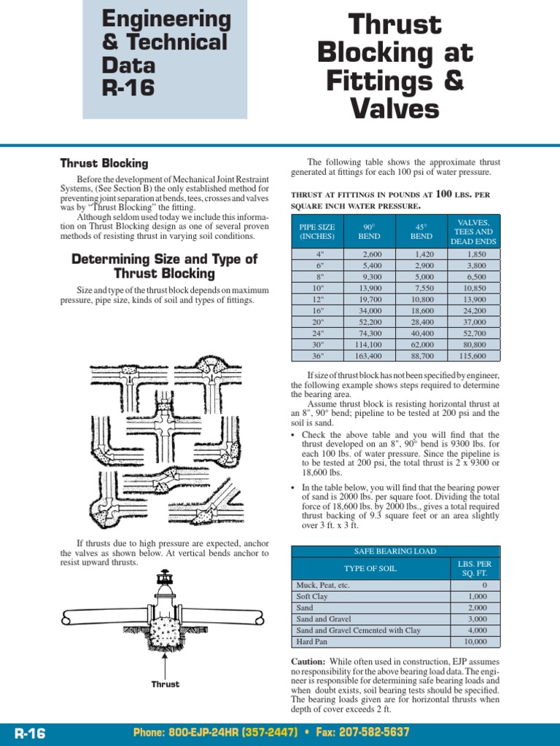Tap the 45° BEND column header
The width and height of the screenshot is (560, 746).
(421, 232)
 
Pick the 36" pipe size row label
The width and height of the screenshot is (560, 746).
(318, 356)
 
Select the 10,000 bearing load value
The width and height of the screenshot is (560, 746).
(475, 642)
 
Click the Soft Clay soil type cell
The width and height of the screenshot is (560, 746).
(312, 596)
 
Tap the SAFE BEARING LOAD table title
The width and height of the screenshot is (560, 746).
(395, 551)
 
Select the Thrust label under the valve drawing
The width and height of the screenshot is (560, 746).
(166, 685)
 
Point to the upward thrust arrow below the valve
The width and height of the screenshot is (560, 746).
(166, 663)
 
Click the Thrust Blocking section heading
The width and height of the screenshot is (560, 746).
(104, 163)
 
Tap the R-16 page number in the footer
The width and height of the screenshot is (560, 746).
(29, 733)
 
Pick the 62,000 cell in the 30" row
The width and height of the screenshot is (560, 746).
(421, 345)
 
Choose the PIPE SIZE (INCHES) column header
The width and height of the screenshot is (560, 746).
(317, 232)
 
